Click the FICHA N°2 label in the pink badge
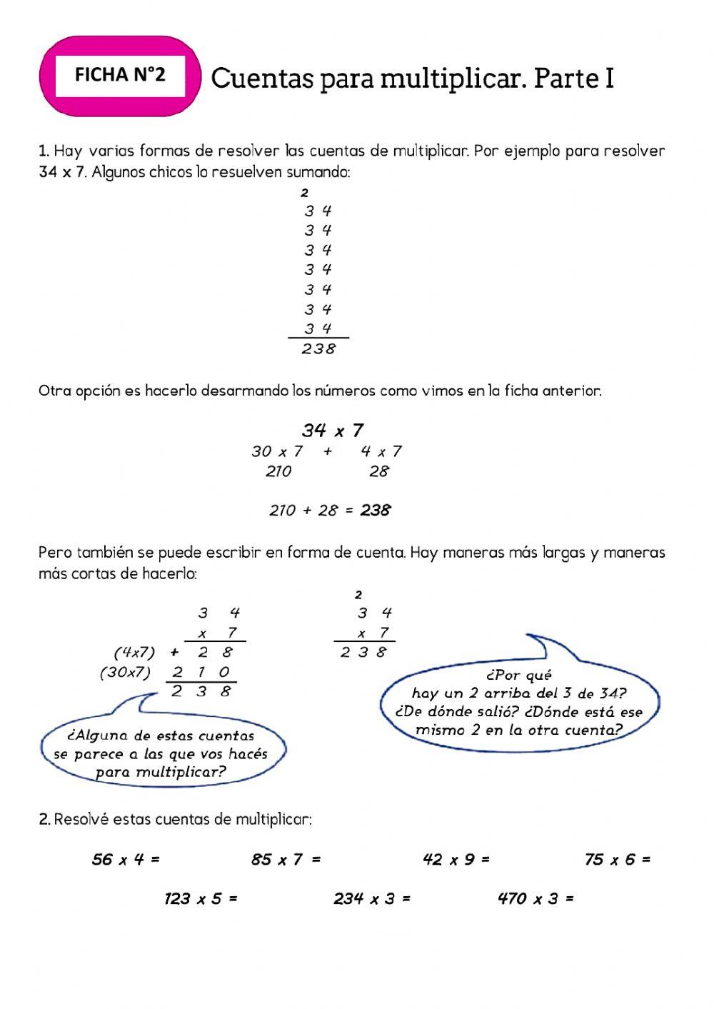point(120,75)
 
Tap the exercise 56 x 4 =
point(126,860)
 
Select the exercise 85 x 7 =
point(286,860)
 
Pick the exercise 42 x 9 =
point(456,860)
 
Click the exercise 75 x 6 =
point(618,860)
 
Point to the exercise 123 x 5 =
point(201,899)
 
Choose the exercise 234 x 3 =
point(372,899)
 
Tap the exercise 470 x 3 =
point(535,899)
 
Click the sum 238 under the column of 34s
point(318,349)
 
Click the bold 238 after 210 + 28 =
point(376,511)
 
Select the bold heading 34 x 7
point(333,431)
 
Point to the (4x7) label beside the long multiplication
point(134,652)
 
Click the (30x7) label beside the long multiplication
point(126,672)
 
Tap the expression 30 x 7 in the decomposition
point(277,451)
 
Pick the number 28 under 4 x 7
point(379,471)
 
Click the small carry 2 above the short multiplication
point(358,595)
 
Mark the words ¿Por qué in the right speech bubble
point(518,676)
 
